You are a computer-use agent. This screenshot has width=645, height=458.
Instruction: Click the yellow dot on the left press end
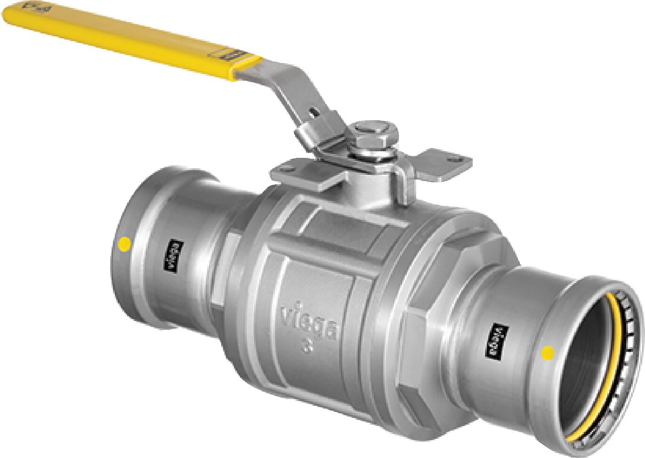click(124, 244)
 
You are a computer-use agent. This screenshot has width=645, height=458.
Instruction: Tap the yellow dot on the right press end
click(548, 352)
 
